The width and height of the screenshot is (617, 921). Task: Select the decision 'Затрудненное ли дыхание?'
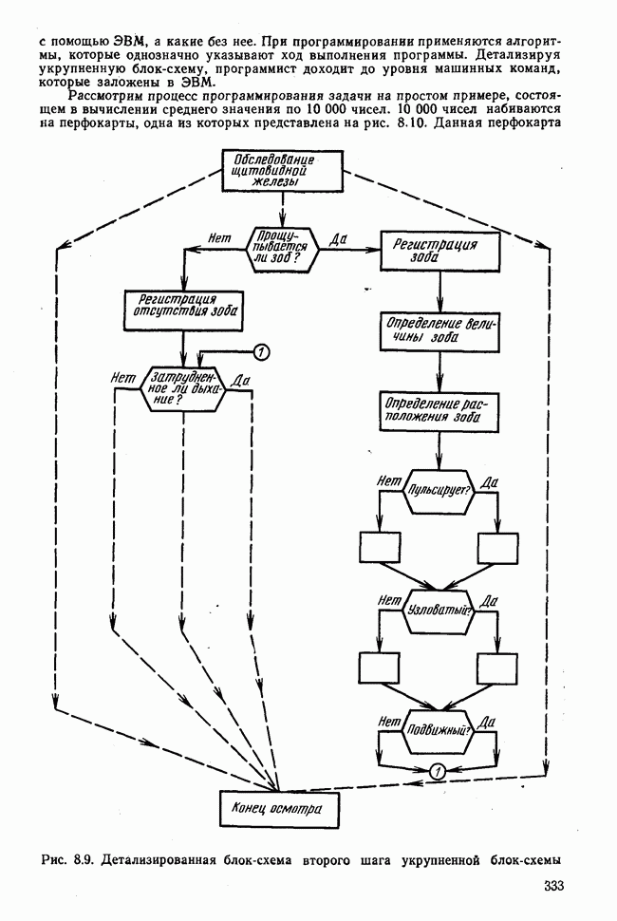point(183,387)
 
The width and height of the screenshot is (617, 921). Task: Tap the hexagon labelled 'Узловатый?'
point(439,609)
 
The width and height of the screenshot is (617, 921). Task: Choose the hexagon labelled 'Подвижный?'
point(439,730)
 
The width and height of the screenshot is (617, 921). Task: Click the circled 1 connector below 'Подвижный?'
point(438,772)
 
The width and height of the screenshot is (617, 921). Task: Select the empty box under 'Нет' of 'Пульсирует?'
point(380,548)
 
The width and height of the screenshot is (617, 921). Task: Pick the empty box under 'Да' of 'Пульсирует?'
point(496,548)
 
